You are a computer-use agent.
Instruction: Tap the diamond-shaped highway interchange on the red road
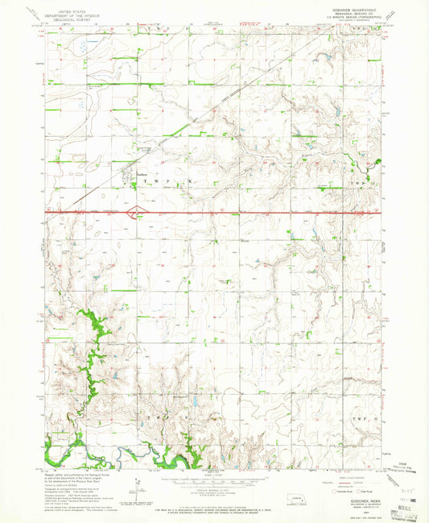(x=138, y=213)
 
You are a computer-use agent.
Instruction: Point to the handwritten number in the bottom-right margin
(x=403, y=489)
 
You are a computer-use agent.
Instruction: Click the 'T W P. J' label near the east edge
(x=365, y=184)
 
